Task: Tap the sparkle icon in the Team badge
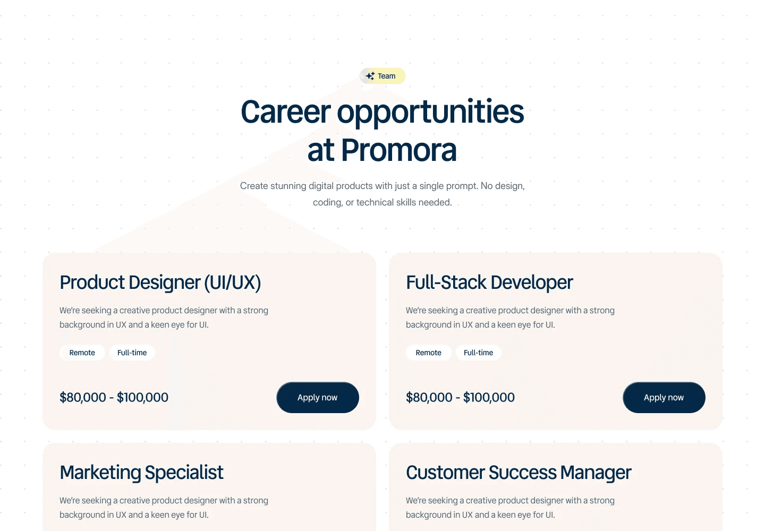click(x=370, y=76)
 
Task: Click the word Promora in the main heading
click(x=398, y=150)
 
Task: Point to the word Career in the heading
click(x=286, y=112)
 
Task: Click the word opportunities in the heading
click(x=430, y=112)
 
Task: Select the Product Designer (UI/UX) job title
click(x=160, y=282)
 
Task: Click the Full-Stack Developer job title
click(x=489, y=282)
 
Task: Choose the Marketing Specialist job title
click(x=141, y=473)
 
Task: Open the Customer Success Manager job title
click(x=518, y=473)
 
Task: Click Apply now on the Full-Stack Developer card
click(x=664, y=398)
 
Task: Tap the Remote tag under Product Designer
click(x=82, y=353)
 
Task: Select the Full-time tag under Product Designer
click(x=132, y=353)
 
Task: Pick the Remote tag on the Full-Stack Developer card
click(x=429, y=353)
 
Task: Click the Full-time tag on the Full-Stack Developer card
click(x=479, y=353)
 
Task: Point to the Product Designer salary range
click(x=114, y=397)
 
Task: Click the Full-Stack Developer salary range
click(x=460, y=397)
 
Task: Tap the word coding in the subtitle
click(x=327, y=203)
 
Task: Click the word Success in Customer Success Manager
click(x=522, y=473)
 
